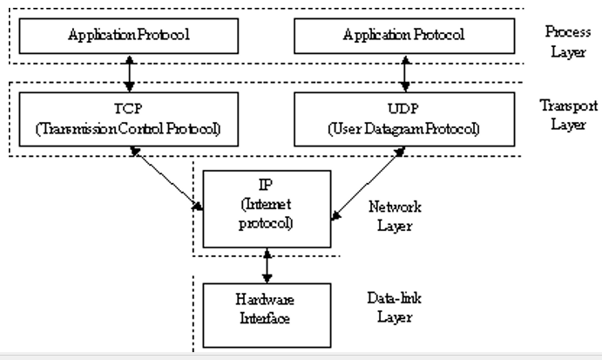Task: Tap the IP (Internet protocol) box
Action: (267, 209)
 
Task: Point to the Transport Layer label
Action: (568, 113)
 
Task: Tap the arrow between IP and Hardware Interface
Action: (267, 264)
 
